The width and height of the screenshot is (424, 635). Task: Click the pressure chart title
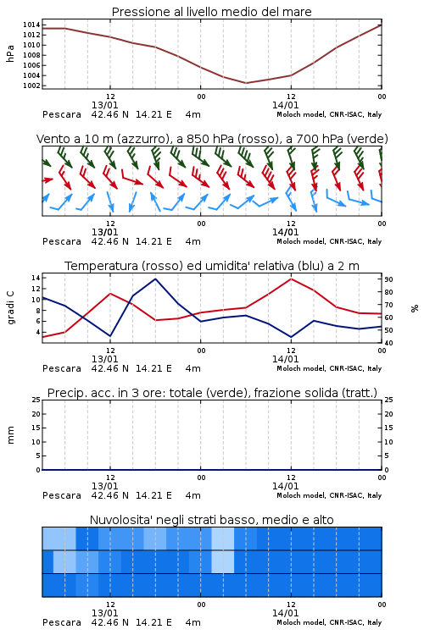211,12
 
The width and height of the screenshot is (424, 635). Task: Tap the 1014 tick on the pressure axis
31,25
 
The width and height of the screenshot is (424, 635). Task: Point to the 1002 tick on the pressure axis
31,86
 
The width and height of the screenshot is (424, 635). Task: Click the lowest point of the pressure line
245,83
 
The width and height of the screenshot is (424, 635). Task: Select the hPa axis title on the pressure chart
10,53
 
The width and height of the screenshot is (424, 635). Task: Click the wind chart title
212,139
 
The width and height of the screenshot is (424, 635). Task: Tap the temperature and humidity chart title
212,266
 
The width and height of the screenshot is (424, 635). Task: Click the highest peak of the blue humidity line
155,279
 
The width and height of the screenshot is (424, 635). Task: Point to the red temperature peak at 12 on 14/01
291,279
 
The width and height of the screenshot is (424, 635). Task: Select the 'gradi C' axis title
11,307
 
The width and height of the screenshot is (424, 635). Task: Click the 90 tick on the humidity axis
388,279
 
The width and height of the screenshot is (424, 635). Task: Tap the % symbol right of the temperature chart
415,308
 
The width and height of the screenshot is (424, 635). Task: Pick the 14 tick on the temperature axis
36,278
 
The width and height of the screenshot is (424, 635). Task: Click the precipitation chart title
212,393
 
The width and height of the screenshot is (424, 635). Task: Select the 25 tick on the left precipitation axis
36,400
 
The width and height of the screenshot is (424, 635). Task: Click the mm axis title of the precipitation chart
11,435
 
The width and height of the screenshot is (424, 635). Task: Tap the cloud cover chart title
211,520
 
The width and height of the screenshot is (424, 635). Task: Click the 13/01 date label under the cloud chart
104,613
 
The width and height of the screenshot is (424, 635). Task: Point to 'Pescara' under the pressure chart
62,114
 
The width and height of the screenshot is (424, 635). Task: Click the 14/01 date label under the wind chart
285,233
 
